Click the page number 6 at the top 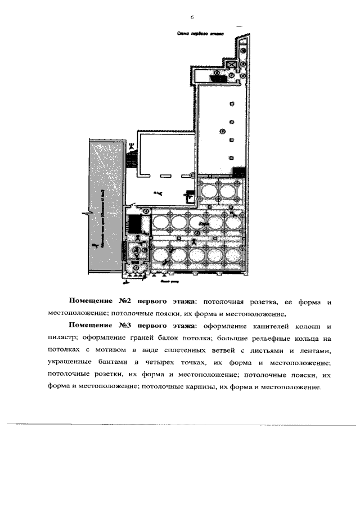pyautogui.click(x=192, y=18)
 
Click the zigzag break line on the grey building pyautogui.click(x=87, y=214)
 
